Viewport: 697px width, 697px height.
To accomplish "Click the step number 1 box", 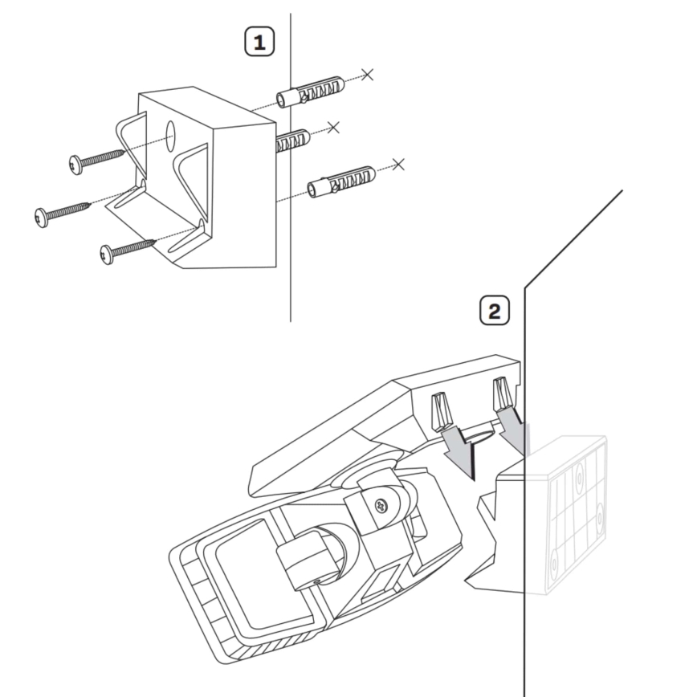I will (x=259, y=43).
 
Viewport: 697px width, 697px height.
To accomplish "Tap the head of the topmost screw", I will (x=77, y=165).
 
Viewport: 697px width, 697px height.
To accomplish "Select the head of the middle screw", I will (x=43, y=217).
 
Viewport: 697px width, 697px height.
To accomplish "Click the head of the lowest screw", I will (x=108, y=254).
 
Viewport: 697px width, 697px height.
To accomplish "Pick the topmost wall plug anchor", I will (x=310, y=92).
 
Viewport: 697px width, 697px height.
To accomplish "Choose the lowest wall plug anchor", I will (x=342, y=182).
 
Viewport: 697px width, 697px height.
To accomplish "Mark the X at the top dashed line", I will (x=368, y=75).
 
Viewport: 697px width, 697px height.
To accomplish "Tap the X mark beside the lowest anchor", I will (x=398, y=165).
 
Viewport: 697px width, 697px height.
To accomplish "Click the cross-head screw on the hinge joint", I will (x=381, y=506).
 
